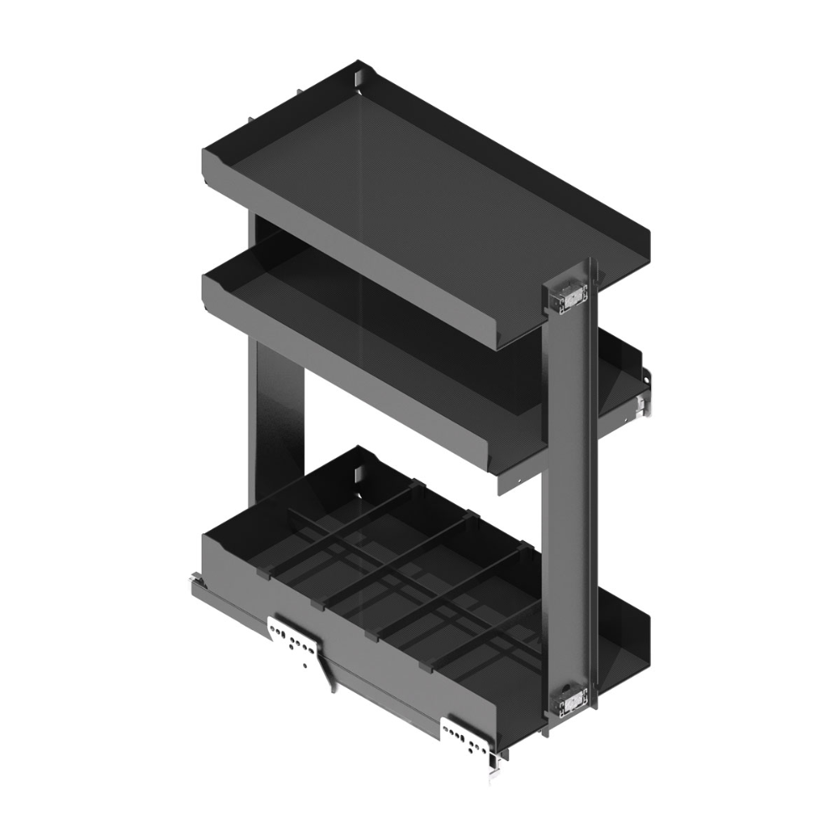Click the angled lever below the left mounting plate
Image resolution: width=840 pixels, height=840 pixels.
tap(327, 677)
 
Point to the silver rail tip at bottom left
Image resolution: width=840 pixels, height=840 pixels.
tap(195, 580)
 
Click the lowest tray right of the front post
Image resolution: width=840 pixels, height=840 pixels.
tap(626, 638)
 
